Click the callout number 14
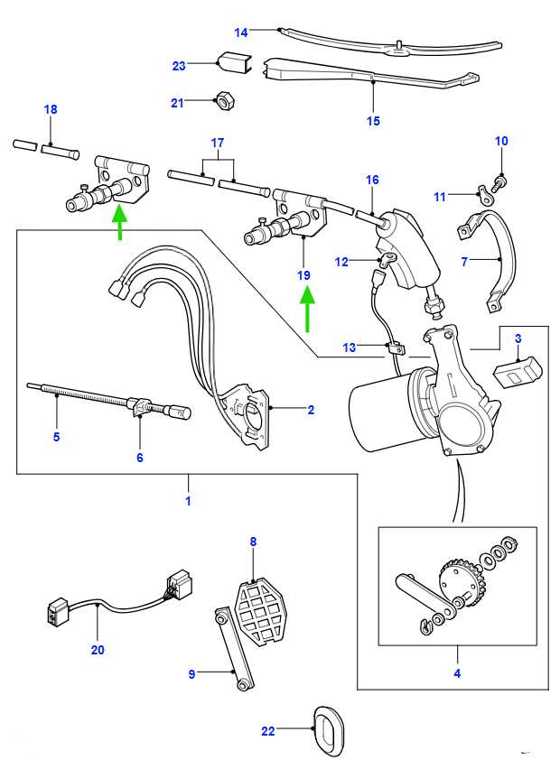[241, 32]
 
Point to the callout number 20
[98, 649]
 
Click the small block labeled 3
[517, 371]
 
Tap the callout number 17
[217, 144]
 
